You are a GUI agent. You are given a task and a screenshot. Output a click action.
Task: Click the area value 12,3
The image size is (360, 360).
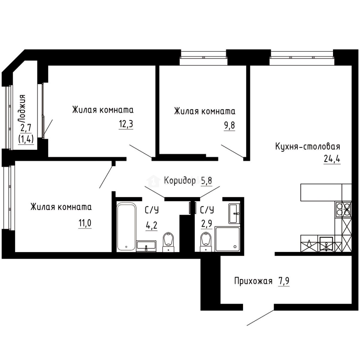[x=126, y=124]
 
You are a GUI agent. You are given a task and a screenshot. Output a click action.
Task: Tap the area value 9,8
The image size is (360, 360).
[x=229, y=126]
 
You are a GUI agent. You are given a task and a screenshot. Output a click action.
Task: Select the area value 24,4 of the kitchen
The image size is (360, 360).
[x=331, y=159]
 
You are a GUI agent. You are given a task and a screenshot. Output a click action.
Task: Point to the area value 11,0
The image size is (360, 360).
[x=85, y=222]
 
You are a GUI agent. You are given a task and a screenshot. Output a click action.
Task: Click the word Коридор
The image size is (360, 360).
[x=180, y=181]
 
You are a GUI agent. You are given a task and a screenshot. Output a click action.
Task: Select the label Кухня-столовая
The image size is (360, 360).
[x=307, y=147]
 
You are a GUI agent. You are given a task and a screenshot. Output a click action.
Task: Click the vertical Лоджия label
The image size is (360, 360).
[x=23, y=108]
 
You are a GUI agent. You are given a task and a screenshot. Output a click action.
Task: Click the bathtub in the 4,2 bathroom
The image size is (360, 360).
[x=126, y=226]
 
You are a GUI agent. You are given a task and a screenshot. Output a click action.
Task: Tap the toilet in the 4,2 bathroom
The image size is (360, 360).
[x=168, y=242]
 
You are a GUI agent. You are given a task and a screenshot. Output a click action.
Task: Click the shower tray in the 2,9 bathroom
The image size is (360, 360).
[x=227, y=239]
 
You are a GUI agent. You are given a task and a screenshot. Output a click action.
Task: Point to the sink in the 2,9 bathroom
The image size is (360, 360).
[x=234, y=213]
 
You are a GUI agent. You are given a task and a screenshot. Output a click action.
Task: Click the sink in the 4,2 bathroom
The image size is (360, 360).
[x=146, y=246]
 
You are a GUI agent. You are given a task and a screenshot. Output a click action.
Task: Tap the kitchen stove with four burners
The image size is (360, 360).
[x=343, y=209]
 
